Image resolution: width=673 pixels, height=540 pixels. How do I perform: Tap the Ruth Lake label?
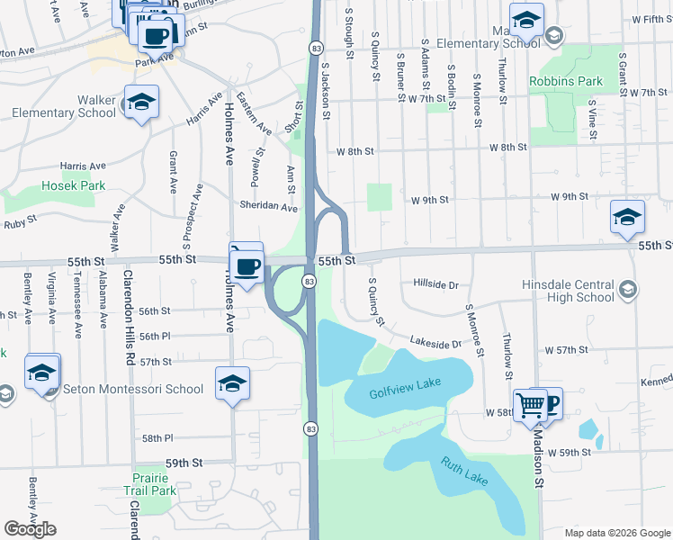click(x=464, y=472)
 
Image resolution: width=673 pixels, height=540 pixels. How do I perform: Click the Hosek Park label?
click(x=73, y=186)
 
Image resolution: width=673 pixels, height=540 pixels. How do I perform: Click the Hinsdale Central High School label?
click(x=568, y=290)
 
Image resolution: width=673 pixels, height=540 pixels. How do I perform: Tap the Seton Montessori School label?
click(x=132, y=390)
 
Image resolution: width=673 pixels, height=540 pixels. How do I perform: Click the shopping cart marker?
click(x=530, y=406)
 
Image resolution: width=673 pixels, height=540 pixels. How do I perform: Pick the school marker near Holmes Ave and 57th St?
click(x=232, y=385)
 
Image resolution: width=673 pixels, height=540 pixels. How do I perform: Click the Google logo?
click(x=30, y=529)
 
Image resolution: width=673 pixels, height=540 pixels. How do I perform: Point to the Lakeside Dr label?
click(x=435, y=343)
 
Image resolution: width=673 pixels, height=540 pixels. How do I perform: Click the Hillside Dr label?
click(x=435, y=284)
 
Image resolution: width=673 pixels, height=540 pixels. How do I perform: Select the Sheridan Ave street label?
click(x=268, y=207)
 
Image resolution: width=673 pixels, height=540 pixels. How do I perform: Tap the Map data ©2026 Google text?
click(x=616, y=532)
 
